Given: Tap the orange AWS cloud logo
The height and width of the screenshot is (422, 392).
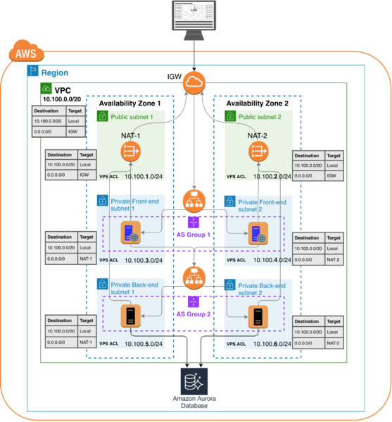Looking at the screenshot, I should click(x=25, y=53).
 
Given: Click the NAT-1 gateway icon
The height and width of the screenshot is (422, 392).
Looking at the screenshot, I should click(x=131, y=150).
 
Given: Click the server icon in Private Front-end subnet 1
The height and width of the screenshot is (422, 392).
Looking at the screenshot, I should click(x=130, y=233).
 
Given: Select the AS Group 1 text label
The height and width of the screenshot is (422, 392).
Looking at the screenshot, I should click(x=194, y=234).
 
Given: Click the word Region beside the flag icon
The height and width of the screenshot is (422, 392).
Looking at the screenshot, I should click(x=54, y=72).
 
